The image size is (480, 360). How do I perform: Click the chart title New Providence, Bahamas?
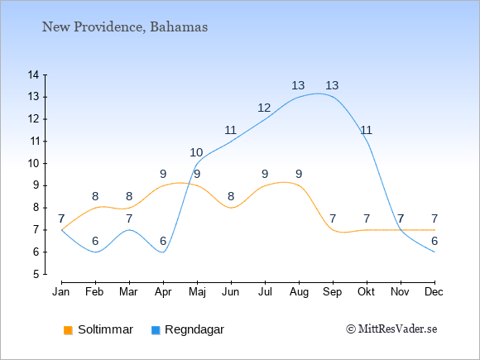click(125, 27)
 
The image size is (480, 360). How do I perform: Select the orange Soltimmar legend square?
click(68, 330)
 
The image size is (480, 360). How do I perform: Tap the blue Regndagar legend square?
click(156, 330)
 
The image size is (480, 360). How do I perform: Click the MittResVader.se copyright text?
click(391, 329)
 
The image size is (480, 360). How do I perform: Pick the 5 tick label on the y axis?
click(36, 274)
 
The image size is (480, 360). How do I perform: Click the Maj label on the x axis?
click(197, 292)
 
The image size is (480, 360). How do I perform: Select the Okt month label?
click(366, 292)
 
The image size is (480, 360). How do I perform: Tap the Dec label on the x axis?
click(434, 292)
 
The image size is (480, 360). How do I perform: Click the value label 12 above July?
click(264, 108)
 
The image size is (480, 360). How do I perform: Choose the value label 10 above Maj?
click(196, 152)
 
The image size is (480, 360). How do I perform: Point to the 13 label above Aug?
click(298, 85)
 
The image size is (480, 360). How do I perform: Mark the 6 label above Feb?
click(95, 241)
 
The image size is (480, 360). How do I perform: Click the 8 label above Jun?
click(231, 196)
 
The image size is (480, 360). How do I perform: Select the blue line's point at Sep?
click(333, 98)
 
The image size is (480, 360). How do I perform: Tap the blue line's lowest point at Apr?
click(163, 252)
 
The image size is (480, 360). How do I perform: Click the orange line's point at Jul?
click(265, 186)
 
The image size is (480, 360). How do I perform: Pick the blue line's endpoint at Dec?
click(434, 252)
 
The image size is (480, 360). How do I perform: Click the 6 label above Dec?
click(434, 241)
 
